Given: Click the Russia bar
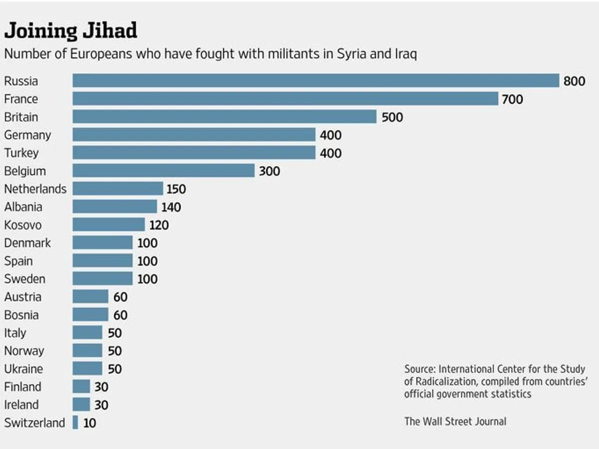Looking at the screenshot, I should point(315,81).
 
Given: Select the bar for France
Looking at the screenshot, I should point(285,99).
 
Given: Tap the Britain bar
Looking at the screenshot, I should point(224,117).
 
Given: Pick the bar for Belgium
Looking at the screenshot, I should point(163,171).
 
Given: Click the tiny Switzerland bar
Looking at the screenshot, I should point(75,423).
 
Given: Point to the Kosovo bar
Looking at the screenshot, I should point(108,224).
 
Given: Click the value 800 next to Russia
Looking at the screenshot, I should point(574,81).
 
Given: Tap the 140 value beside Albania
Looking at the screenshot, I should point(171,207).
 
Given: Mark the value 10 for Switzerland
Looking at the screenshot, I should point(90,423).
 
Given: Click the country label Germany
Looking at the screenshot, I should point(27,135).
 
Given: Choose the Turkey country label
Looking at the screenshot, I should point(21,153).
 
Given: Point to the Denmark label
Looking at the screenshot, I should point(27,243).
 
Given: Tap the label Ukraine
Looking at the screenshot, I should point(23,369).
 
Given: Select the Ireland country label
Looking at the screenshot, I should point(21,405).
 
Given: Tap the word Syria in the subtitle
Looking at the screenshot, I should point(350,54).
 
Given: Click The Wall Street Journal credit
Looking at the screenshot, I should point(455,421).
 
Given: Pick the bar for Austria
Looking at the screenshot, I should point(90,297).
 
